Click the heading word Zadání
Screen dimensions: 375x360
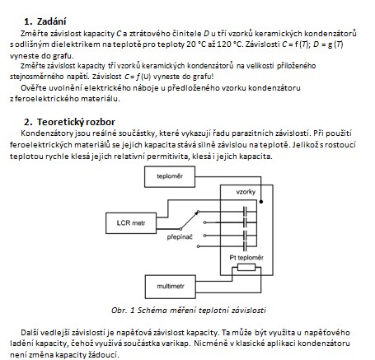[51, 21]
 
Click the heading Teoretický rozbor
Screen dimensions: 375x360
[76, 122]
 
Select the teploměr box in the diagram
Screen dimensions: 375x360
[170, 176]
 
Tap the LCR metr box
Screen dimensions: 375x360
[131, 223]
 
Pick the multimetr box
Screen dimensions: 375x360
[171, 287]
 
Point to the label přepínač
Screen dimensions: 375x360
[180, 237]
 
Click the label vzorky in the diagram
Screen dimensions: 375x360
[246, 192]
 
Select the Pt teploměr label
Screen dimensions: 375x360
[246, 258]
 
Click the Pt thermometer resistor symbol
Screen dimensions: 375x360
[246, 267]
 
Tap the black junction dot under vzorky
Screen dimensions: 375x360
[261, 202]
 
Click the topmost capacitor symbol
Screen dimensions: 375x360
[245, 212]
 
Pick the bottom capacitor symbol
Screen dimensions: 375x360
[245, 246]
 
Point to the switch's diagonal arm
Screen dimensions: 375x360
[190, 220]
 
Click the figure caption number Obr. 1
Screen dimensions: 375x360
[123, 311]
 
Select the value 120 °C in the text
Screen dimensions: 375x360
[229, 44]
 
